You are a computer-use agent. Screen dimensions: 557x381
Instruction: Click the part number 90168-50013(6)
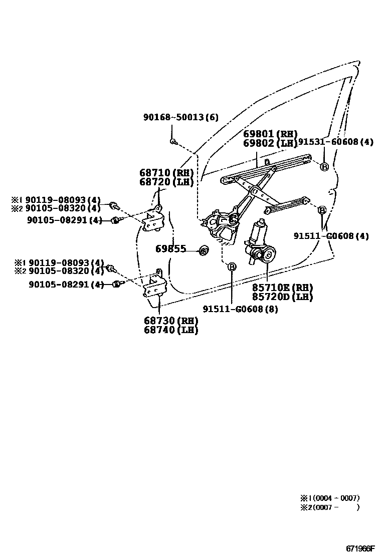(180, 117)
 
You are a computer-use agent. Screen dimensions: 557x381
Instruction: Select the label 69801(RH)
(270, 134)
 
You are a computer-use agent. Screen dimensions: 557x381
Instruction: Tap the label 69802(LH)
(270, 143)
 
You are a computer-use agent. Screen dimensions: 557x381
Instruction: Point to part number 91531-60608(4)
(336, 142)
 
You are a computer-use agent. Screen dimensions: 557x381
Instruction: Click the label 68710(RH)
(166, 173)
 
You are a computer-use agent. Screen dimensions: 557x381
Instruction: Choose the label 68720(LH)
(166, 182)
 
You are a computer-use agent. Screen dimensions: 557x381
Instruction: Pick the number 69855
(170, 249)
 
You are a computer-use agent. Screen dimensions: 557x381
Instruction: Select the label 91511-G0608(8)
(240, 309)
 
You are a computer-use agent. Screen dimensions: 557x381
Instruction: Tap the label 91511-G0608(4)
(331, 236)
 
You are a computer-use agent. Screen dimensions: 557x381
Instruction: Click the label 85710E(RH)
(275, 288)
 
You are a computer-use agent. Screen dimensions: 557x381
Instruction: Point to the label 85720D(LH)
(275, 297)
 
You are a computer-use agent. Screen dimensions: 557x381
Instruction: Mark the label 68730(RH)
(171, 321)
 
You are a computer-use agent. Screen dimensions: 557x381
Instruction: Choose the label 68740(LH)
(171, 330)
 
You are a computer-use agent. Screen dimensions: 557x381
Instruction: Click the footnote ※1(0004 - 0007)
(330, 498)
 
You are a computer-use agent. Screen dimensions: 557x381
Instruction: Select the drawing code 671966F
(359, 548)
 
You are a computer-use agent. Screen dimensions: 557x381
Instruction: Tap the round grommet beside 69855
(204, 250)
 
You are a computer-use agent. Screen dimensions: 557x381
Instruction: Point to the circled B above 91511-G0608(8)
(232, 267)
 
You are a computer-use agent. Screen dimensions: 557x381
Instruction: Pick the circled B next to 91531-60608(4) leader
(324, 167)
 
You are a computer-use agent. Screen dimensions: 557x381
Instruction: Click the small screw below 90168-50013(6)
(172, 142)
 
